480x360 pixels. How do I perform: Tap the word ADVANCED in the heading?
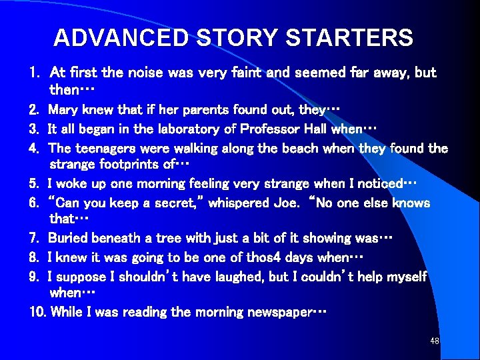121,38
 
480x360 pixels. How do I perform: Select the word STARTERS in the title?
349,38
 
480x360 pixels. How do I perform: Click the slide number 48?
435,341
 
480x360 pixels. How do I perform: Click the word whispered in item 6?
237,203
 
